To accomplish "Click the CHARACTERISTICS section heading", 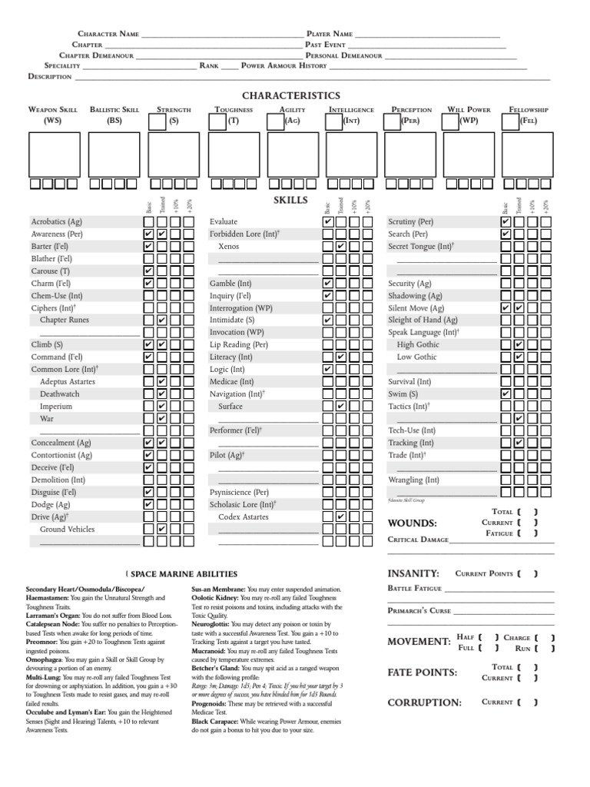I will (290, 95).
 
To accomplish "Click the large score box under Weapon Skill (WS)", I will (55, 154).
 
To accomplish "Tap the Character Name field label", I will (108, 35).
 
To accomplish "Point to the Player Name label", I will (330, 35).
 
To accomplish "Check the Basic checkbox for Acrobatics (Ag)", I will (149, 221).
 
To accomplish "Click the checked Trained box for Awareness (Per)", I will (162, 234).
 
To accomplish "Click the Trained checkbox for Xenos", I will (340, 246).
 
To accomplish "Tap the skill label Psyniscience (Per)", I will (239, 492).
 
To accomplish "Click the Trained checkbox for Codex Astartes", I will (340, 516).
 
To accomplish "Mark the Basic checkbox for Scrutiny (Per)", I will (505, 221).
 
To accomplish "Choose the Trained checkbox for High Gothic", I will (519, 344).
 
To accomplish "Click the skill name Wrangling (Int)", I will (414, 480).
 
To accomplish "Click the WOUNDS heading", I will (413, 523).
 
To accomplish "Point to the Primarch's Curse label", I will (419, 610).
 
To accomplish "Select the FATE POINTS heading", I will (422, 672).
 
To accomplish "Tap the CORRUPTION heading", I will (424, 702).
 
